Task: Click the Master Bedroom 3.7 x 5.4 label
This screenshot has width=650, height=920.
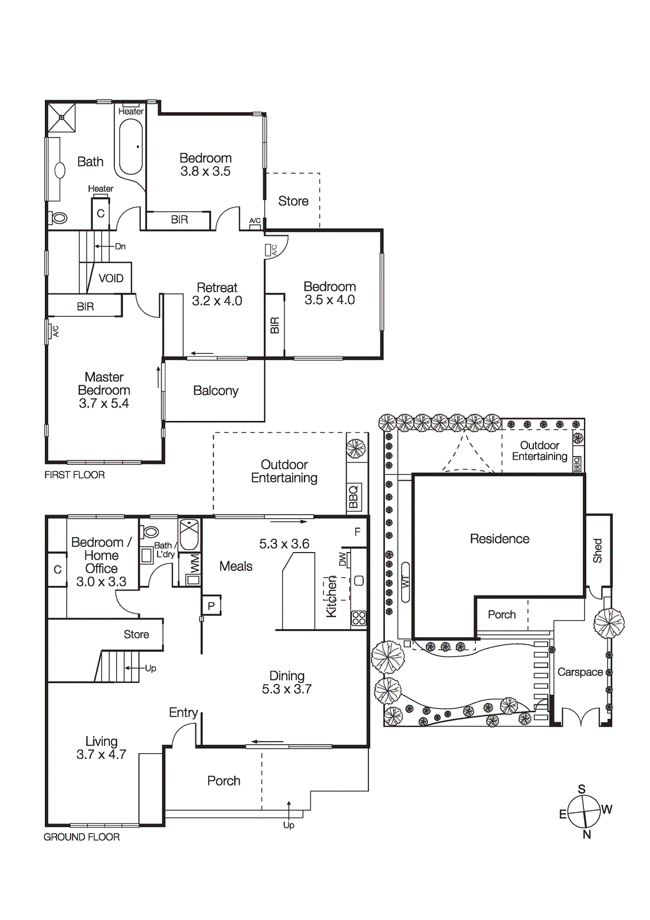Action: [x=104, y=390]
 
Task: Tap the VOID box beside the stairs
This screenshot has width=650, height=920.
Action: [x=111, y=278]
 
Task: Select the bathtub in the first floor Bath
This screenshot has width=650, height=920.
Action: [x=130, y=146]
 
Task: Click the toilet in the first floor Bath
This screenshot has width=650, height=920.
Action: [x=59, y=218]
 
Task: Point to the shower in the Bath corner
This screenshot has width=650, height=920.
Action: [x=61, y=117]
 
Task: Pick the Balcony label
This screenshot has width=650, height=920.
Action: [x=216, y=391]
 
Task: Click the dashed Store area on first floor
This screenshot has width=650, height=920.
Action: [x=293, y=201]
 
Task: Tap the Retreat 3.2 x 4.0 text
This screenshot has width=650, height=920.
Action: [x=217, y=294]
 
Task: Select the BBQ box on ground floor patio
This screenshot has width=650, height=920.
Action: [x=353, y=497]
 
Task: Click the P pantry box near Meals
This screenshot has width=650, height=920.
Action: [x=211, y=605]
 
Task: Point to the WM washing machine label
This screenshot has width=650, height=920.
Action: [x=194, y=563]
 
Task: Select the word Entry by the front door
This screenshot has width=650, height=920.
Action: [x=183, y=712]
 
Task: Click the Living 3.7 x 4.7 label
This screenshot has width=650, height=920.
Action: [x=101, y=748]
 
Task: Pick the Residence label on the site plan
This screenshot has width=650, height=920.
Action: [x=499, y=539]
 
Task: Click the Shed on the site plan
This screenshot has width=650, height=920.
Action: [x=598, y=551]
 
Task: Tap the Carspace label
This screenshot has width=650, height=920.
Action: [x=580, y=672]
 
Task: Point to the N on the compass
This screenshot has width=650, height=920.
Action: [x=587, y=835]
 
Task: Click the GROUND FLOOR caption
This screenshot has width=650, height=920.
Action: [x=82, y=837]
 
